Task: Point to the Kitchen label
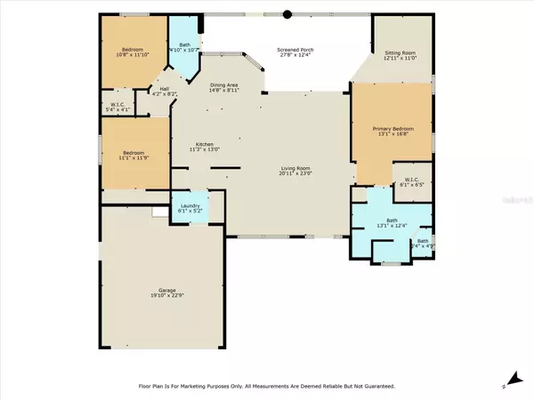pos(205,145)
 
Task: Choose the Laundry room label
pos(190,206)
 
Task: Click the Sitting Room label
pos(398,52)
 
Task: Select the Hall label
pos(164,88)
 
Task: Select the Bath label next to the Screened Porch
pos(185,44)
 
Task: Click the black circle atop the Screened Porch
pos(287,14)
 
